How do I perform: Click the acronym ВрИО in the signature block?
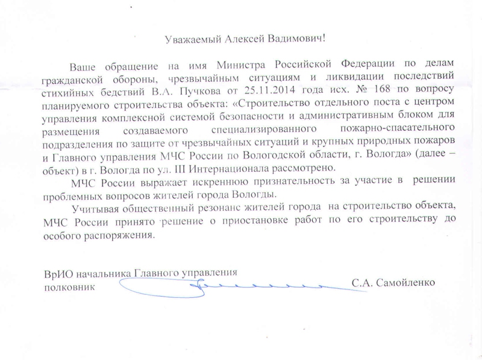pyautogui.click(x=57, y=272)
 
